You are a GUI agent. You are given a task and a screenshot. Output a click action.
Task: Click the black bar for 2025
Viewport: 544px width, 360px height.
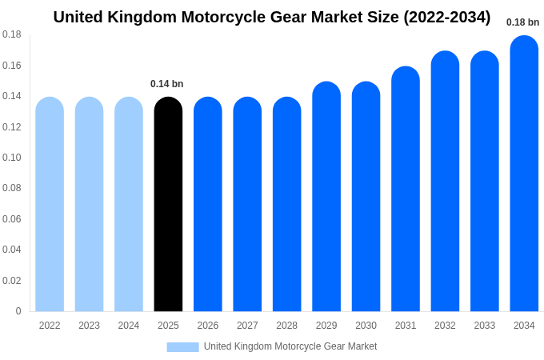click(168, 204)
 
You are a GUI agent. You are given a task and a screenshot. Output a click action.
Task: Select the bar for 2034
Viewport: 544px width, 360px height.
click(524, 174)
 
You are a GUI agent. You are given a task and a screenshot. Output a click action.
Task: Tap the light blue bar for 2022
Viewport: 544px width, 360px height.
click(50, 204)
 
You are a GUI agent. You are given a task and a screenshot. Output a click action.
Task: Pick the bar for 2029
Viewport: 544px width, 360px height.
click(326, 197)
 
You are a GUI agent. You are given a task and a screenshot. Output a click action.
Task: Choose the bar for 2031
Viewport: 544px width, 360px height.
click(406, 189)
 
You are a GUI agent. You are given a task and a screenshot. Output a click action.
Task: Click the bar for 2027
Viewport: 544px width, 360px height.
click(247, 204)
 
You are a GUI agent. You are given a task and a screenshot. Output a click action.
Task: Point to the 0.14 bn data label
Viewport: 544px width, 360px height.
click(166, 84)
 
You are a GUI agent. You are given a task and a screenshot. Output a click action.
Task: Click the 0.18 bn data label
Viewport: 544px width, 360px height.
click(522, 22)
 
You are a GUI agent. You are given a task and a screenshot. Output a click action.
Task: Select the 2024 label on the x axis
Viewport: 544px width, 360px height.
click(129, 326)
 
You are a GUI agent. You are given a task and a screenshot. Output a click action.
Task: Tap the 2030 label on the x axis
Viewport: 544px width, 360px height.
click(366, 326)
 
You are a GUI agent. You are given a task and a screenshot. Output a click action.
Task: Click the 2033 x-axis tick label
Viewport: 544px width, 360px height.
click(484, 326)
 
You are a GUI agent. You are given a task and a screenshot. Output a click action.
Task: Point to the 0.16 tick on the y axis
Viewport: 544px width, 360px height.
click(12, 66)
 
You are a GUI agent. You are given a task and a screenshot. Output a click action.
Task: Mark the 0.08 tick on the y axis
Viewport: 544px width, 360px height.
click(12, 188)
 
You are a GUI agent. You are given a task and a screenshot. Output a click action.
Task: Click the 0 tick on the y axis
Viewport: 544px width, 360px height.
click(18, 311)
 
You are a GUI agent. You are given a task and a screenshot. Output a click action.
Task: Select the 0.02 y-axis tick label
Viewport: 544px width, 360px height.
click(12, 281)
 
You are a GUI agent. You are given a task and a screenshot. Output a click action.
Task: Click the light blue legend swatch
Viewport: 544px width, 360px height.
click(182, 347)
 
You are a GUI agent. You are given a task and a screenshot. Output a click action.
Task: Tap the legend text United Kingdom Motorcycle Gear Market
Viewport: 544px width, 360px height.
click(290, 346)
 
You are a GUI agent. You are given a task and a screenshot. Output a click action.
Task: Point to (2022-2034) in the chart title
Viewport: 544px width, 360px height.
click(446, 17)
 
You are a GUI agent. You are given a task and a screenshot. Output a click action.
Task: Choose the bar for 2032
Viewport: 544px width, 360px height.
click(445, 182)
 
